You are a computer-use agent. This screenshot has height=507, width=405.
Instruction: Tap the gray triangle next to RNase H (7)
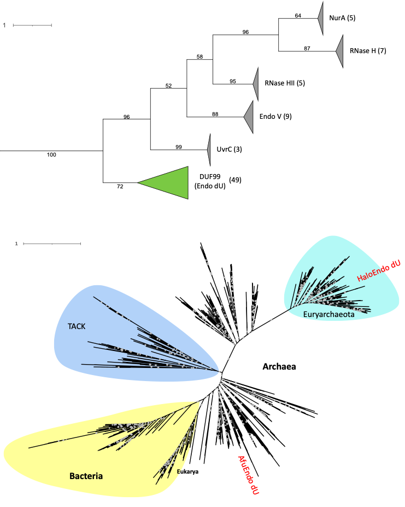(340, 51)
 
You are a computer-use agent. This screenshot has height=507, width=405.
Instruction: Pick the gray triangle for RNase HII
(255, 84)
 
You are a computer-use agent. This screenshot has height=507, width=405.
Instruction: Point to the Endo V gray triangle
(250, 116)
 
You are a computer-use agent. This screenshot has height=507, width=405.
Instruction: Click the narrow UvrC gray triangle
(209, 149)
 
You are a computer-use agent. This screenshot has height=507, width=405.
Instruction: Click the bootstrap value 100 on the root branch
(51, 155)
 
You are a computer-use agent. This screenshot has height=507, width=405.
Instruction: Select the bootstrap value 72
(120, 187)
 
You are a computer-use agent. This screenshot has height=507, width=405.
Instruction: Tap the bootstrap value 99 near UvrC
(179, 146)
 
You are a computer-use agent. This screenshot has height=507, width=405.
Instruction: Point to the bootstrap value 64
(298, 15)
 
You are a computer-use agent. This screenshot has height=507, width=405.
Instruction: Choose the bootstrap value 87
(307, 48)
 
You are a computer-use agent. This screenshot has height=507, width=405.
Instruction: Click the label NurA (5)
(342, 18)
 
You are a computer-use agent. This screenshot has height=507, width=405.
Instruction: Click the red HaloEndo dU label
(379, 271)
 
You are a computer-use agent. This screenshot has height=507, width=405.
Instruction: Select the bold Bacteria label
(86, 476)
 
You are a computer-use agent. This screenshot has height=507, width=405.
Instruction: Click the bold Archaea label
(279, 366)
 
